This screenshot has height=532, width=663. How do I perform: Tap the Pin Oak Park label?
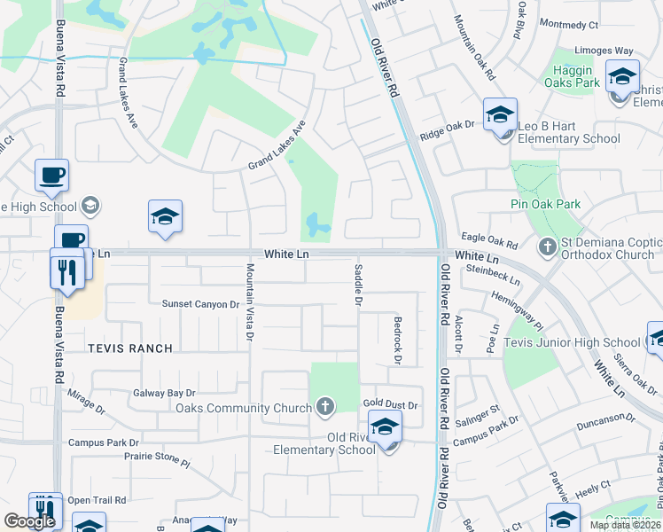point(545,204)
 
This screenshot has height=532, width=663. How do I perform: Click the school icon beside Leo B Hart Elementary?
point(500,115)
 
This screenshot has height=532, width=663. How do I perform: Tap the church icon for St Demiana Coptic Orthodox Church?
point(547,246)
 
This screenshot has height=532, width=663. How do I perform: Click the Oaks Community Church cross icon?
point(325,407)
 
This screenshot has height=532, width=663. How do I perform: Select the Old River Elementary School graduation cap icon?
point(385,428)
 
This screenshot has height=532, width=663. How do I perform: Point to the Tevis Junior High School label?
point(572,342)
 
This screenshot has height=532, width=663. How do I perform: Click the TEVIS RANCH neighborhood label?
point(130,348)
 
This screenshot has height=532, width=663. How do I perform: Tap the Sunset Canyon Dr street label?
point(201,304)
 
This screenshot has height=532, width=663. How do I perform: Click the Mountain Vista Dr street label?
point(250,302)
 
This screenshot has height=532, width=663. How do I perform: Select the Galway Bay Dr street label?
point(164,393)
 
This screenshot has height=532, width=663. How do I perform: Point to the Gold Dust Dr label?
point(390,403)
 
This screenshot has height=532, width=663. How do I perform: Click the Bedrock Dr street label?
point(398,340)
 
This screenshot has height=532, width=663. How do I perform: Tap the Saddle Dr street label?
point(358,284)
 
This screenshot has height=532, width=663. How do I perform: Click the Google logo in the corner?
point(29,521)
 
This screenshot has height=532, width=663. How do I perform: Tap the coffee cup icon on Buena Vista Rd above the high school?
point(51,175)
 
